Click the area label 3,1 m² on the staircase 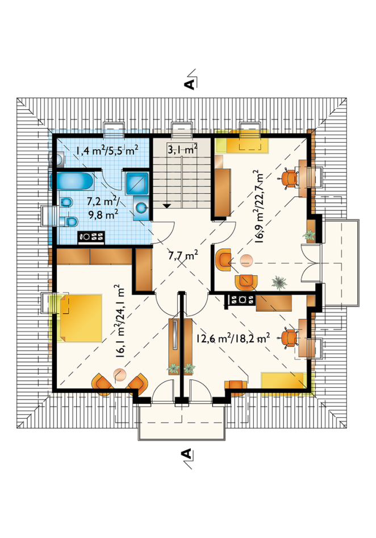pos(182,149)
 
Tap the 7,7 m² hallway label pos(183,256)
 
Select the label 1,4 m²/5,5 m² pos(107,150)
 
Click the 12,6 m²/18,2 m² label pos(233,338)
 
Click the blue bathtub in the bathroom pos(72,181)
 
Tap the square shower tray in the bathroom pos(137,183)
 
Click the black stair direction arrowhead pos(166,206)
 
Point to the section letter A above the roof pos(190,84)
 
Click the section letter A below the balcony pos(186,454)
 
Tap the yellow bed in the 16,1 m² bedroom pos(81,318)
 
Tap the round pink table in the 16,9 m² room pos(246,261)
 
